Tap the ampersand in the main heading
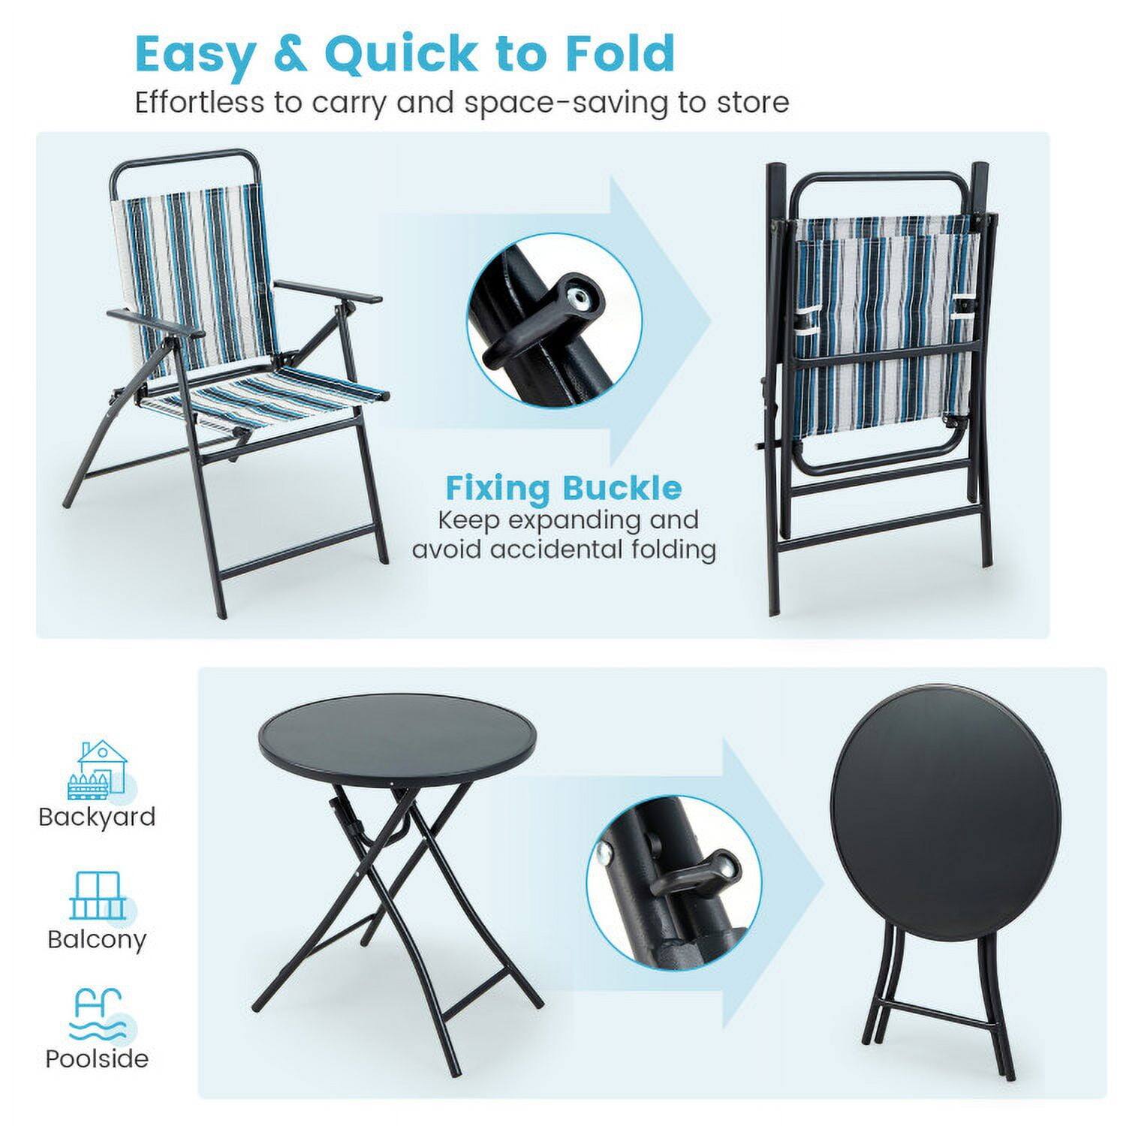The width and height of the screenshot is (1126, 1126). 289,54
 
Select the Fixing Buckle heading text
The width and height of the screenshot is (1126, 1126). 564,488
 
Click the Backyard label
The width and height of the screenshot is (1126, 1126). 97,817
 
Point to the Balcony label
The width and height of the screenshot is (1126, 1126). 97,939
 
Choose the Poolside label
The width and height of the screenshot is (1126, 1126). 97,1058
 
